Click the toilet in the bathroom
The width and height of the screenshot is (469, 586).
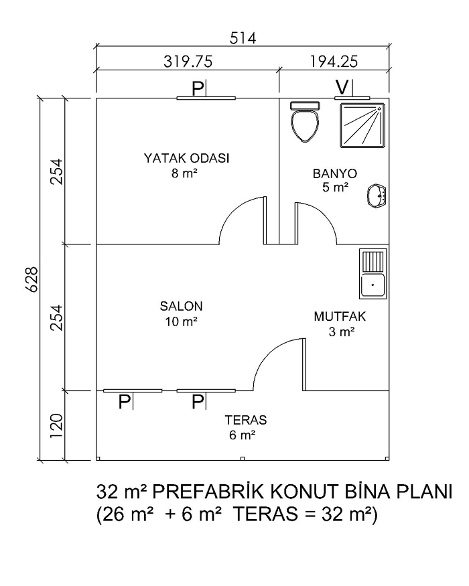(x=305, y=121)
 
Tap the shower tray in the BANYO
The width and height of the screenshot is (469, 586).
(x=362, y=125)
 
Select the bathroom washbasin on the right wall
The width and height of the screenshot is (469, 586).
(x=377, y=196)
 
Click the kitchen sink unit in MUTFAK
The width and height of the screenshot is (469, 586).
(x=373, y=273)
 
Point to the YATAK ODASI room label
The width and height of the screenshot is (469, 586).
(x=186, y=158)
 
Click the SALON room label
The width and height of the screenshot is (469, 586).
(x=181, y=307)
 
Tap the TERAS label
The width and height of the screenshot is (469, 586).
(x=246, y=420)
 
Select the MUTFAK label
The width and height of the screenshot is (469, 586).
(x=340, y=317)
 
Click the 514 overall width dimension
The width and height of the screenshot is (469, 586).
(x=243, y=38)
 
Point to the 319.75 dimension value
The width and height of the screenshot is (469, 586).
(x=188, y=62)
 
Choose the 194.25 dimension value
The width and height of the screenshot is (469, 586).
(x=334, y=62)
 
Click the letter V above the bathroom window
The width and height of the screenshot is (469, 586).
(x=342, y=87)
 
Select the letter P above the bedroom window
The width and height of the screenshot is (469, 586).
(x=198, y=88)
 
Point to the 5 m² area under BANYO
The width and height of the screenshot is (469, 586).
(x=336, y=188)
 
